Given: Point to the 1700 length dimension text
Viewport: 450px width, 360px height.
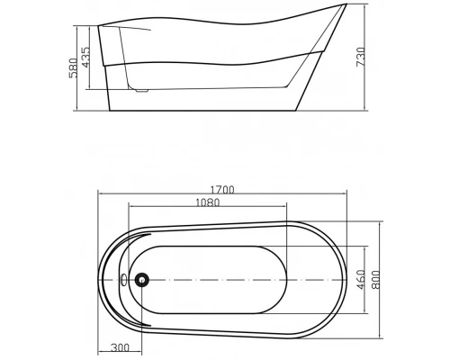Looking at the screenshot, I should coord(222,190).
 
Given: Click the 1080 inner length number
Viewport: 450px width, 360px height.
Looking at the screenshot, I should coord(208,203).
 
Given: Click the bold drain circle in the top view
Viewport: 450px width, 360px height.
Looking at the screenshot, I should coord(140,280).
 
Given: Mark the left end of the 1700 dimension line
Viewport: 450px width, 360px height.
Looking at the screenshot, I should coord(98,195).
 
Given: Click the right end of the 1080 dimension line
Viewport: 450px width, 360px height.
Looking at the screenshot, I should coord(286,208).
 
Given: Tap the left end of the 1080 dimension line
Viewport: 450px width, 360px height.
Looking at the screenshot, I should coord(130,208).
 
